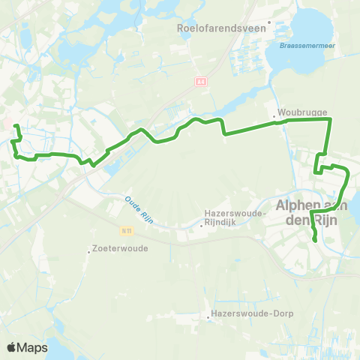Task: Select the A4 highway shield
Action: pos(201,81)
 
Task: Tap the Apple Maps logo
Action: pos(27,347)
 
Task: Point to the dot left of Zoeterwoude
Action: pos(89,251)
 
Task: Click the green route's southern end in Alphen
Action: pos(315,241)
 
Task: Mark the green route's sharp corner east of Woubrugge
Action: pos(330,119)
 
